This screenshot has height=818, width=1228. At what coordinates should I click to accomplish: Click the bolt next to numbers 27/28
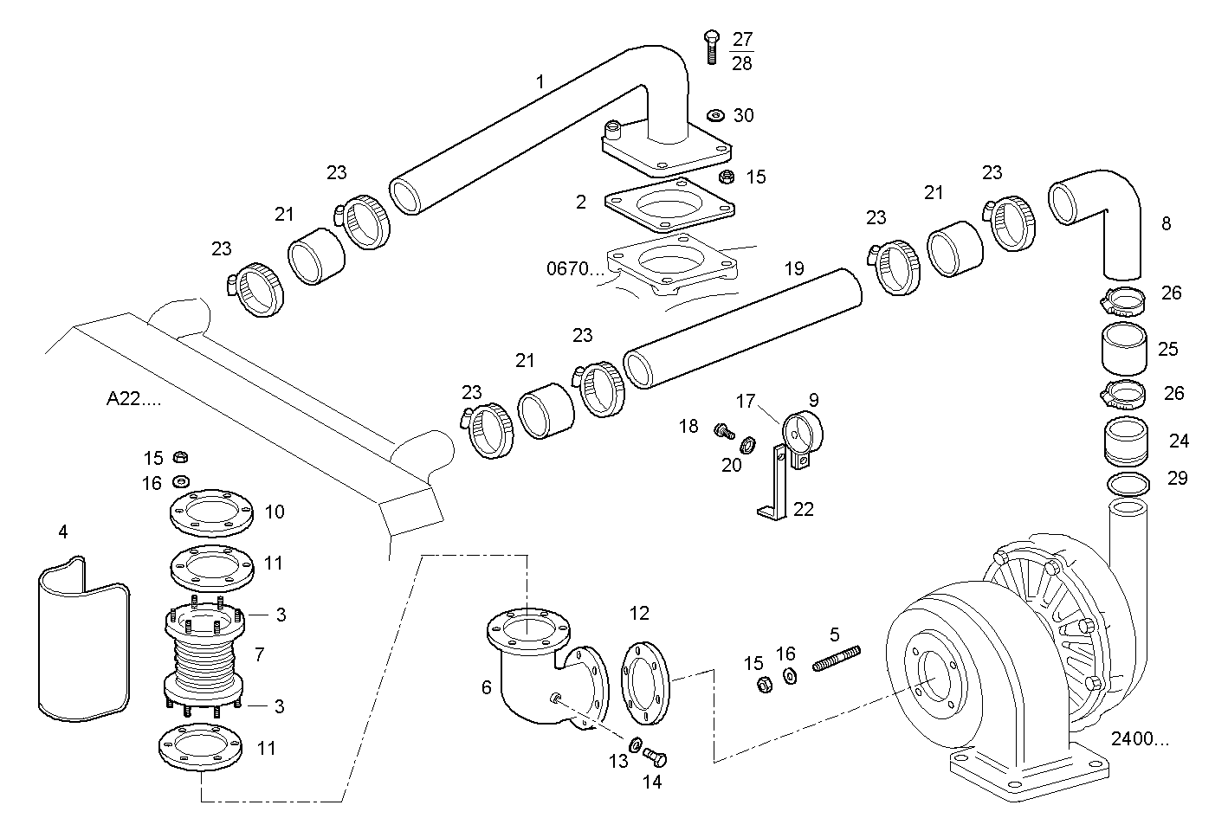711,45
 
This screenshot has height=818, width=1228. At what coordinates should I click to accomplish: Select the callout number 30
743,115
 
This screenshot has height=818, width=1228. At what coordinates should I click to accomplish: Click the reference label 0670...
574,268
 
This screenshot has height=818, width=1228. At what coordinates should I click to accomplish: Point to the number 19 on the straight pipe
794,268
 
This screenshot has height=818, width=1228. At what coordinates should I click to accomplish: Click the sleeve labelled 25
1124,348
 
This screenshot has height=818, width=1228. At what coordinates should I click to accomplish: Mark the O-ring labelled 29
1128,482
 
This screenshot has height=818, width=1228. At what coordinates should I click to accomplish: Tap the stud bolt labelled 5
837,658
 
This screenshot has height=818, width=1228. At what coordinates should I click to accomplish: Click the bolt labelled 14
656,758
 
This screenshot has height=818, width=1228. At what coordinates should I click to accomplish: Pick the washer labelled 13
634,744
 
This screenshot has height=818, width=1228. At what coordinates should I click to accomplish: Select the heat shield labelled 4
83,641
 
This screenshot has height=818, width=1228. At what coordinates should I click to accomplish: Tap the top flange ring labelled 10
211,514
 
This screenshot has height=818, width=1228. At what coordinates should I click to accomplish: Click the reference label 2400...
1139,739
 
